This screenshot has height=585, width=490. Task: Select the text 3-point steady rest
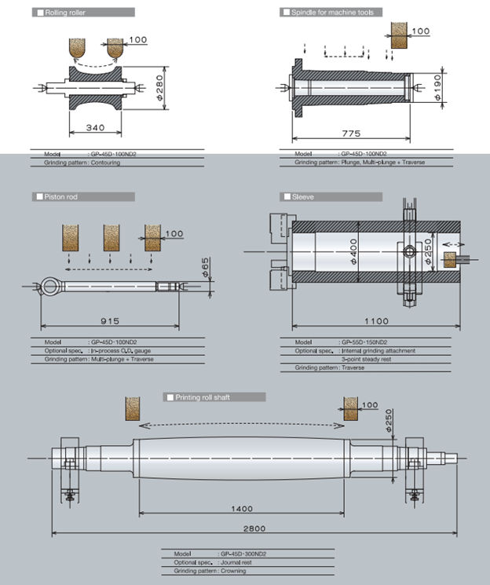click(x=368, y=359)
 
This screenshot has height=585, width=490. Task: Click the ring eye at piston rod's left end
click(x=51, y=283)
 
